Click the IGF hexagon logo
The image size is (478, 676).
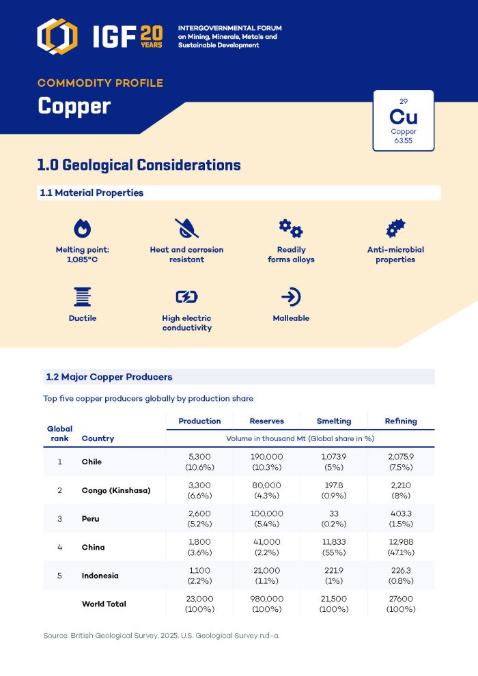click(57, 36)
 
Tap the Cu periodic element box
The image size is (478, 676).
click(403, 121)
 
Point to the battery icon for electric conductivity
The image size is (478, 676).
click(186, 297)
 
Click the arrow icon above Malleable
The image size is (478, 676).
click(291, 297)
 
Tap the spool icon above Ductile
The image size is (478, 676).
click(82, 297)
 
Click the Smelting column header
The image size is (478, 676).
click(334, 421)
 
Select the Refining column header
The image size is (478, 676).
click(401, 421)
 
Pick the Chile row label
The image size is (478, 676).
click(92, 462)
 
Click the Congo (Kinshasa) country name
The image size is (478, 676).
click(116, 490)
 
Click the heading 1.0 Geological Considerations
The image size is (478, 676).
click(139, 165)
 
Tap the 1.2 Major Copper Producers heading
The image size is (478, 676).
click(109, 377)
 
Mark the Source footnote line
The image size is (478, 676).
click(161, 636)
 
